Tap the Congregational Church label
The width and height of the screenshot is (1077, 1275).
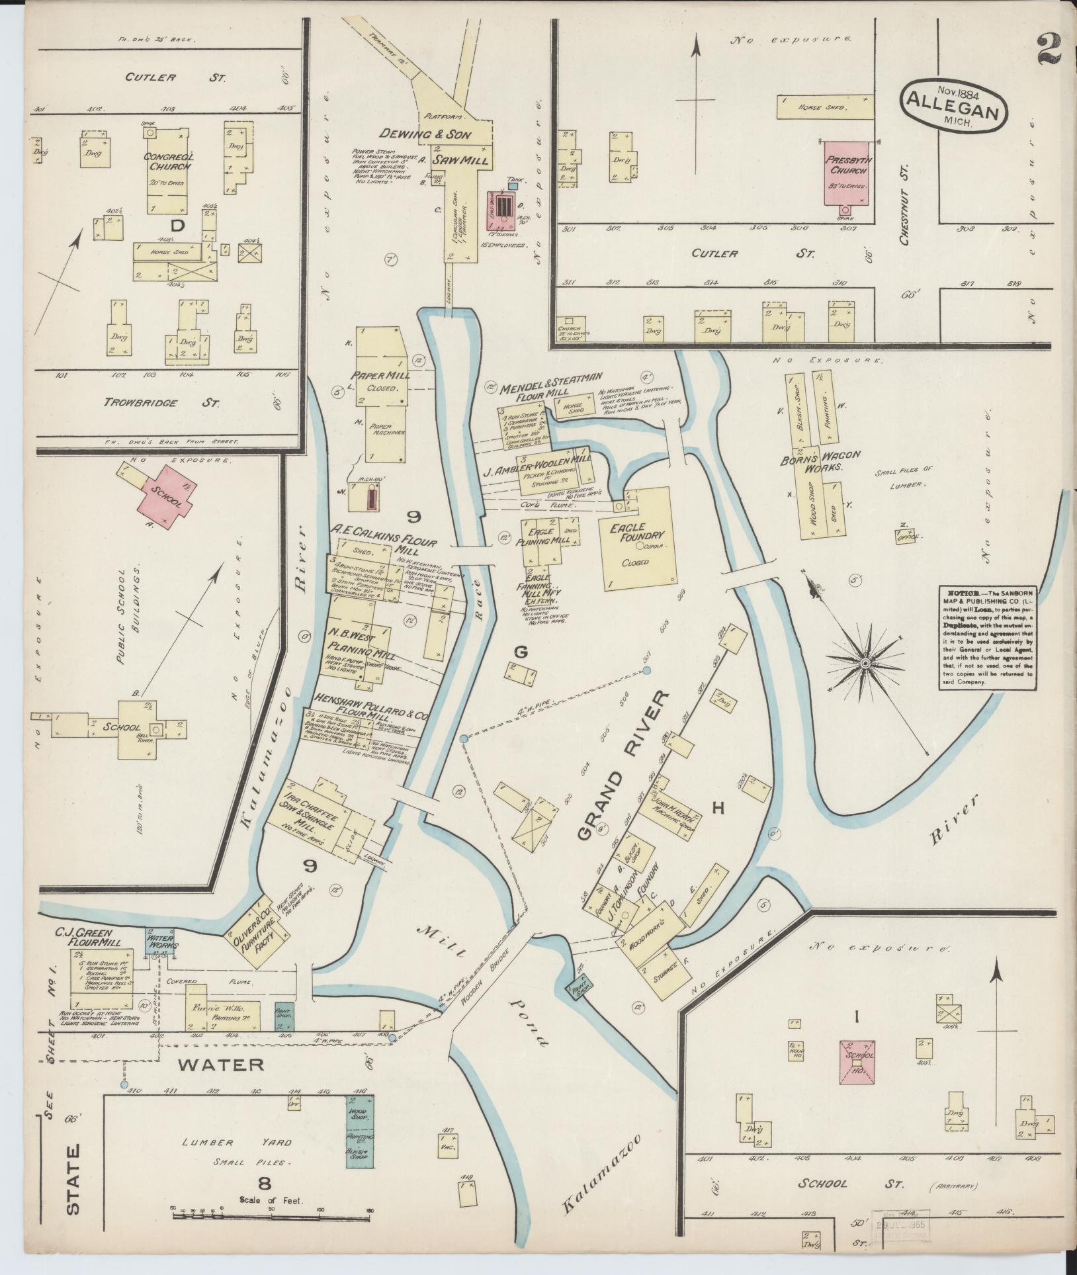point(169,161)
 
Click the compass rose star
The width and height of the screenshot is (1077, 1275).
point(865,662)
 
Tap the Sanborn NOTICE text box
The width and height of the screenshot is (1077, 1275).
point(987,638)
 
